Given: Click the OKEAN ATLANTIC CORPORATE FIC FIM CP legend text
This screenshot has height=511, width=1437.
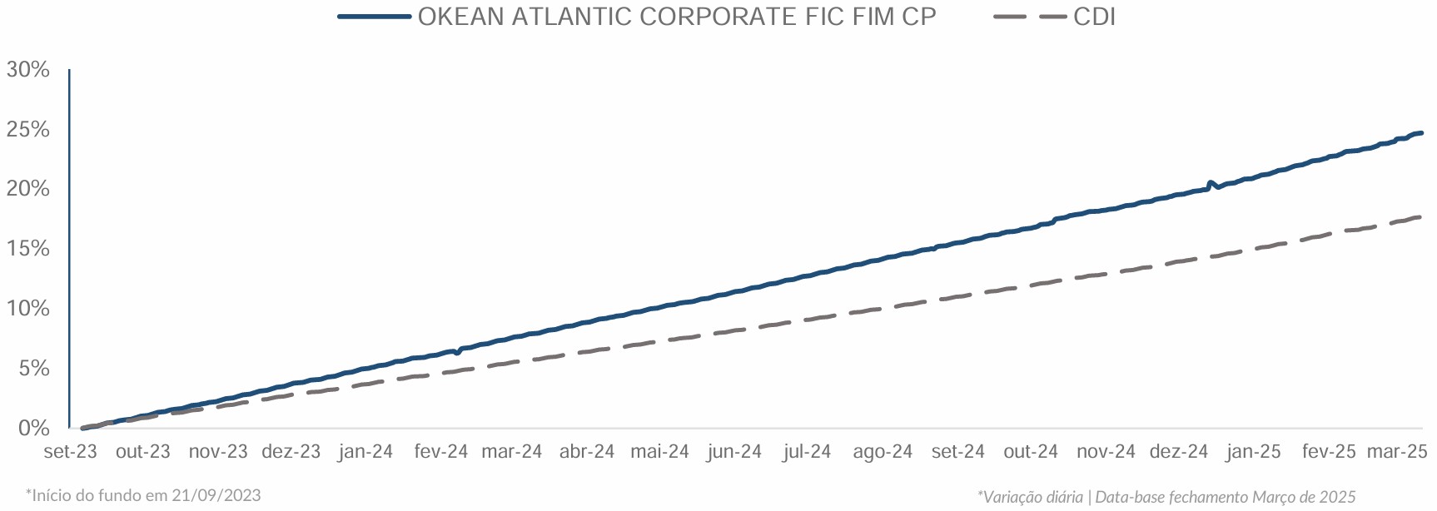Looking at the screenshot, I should pyautogui.click(x=676, y=17).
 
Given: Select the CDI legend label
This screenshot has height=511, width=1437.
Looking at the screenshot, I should pyautogui.click(x=1094, y=17).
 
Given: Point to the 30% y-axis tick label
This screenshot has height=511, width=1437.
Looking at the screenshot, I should pyautogui.click(x=28, y=70).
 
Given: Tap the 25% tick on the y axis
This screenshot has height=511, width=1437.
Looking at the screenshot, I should pyautogui.click(x=28, y=130).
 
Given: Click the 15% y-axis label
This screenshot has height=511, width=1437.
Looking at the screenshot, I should pyautogui.click(x=28, y=249).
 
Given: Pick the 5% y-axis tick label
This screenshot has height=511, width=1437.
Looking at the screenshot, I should pyautogui.click(x=33, y=369).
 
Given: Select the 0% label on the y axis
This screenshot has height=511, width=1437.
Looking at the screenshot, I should pyautogui.click(x=33, y=429).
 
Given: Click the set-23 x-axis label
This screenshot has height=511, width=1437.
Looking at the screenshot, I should pyautogui.click(x=70, y=452).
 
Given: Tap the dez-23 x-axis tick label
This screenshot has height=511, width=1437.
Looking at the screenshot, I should pyautogui.click(x=291, y=452).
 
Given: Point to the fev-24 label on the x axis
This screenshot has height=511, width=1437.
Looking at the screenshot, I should pyautogui.click(x=441, y=452).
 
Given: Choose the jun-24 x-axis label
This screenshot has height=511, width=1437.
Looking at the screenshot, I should pyautogui.click(x=734, y=452).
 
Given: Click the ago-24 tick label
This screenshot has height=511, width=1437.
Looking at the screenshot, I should pyautogui.click(x=883, y=452).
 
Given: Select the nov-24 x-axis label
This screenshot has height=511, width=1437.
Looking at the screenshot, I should pyautogui.click(x=1106, y=452).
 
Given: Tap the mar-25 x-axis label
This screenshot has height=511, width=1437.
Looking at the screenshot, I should pyautogui.click(x=1397, y=452).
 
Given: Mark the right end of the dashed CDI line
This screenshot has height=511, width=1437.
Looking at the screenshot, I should pyautogui.click(x=1420, y=217).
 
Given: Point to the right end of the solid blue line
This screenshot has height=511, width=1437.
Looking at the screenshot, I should pyautogui.click(x=1421, y=133).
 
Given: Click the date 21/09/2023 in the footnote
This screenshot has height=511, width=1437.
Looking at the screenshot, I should pyautogui.click(x=216, y=496).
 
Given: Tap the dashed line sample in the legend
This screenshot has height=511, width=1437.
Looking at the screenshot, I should pyautogui.click(x=1030, y=17).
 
